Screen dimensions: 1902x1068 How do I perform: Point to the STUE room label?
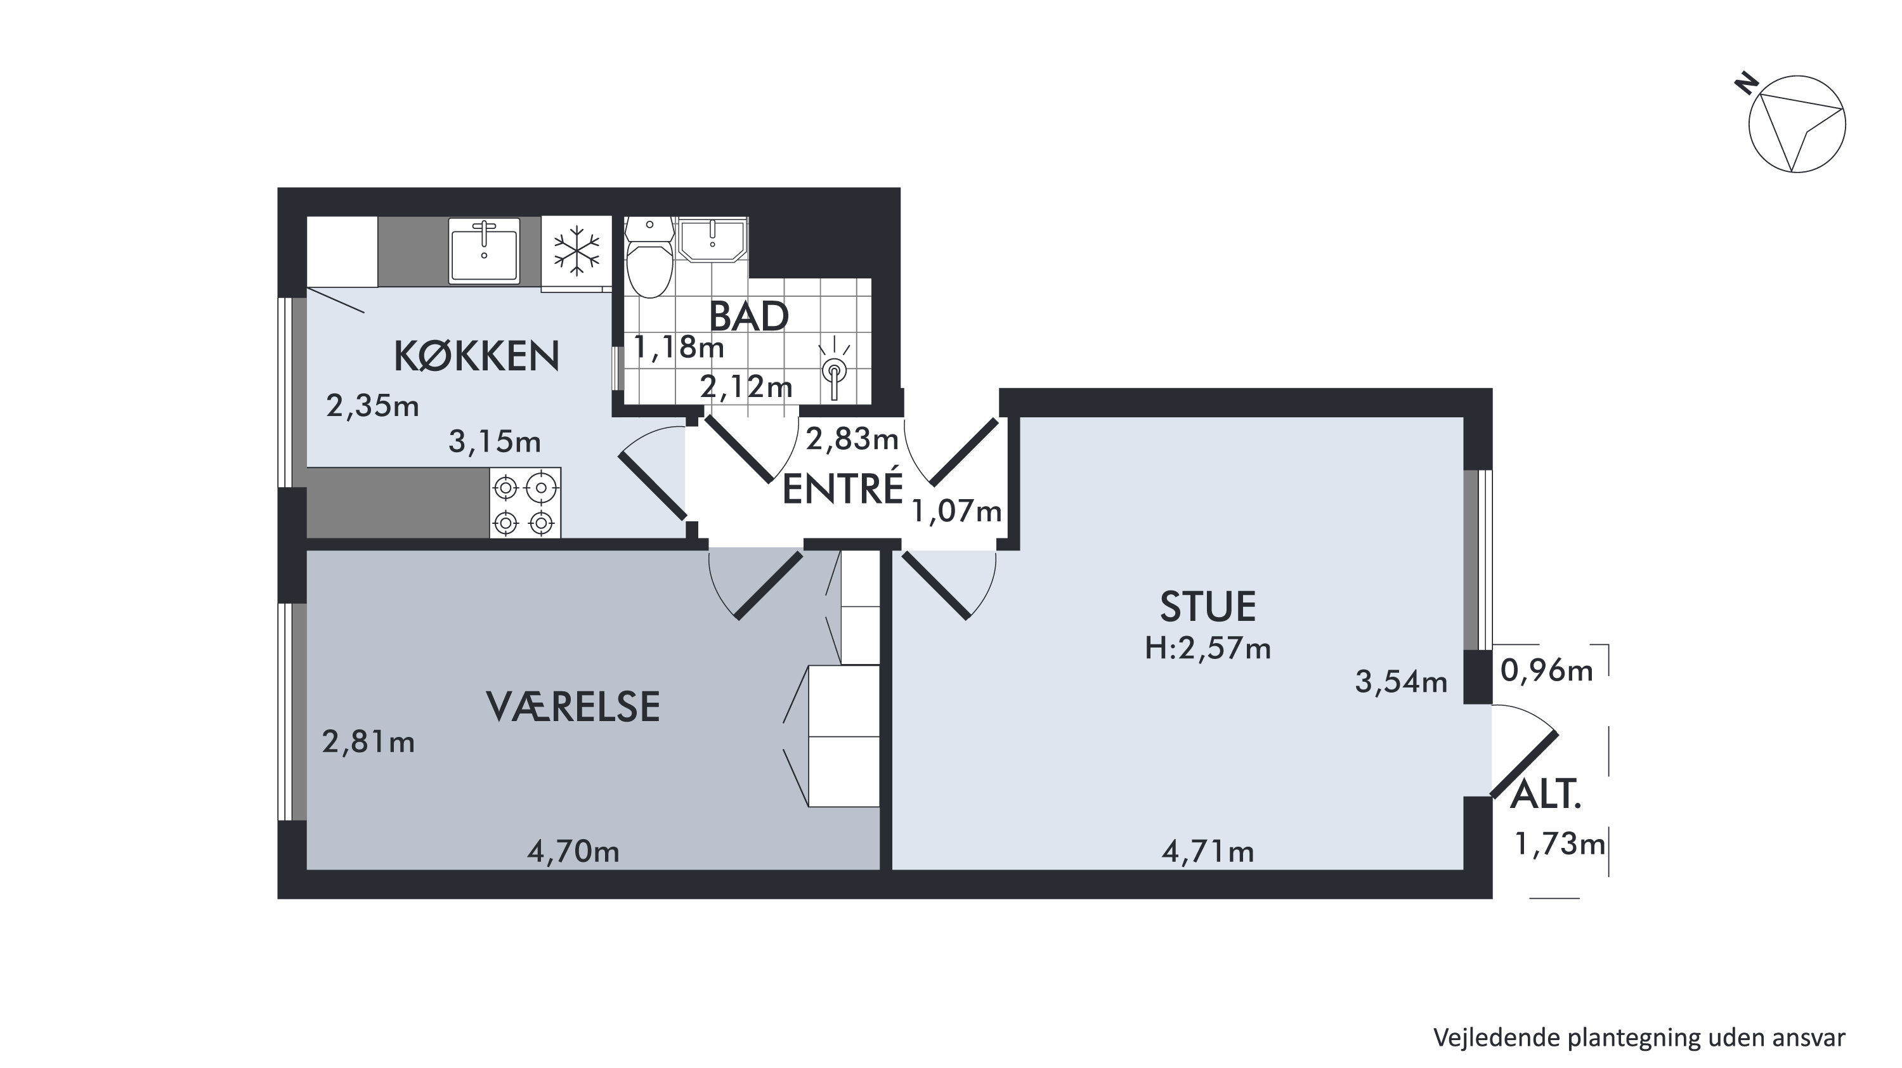click(1208, 606)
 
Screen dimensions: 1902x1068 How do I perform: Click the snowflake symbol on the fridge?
click(576, 247)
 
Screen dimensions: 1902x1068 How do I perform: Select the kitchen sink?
click(485, 250)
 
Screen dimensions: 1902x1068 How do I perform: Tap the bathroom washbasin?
click(712, 239)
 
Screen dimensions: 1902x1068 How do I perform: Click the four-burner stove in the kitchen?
click(525, 502)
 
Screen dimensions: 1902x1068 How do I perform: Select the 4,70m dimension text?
click(573, 852)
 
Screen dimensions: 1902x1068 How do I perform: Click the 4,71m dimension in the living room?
click(1208, 852)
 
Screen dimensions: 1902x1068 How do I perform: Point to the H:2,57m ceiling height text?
click(1208, 649)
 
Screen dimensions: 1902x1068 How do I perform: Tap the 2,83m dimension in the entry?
click(852, 439)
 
